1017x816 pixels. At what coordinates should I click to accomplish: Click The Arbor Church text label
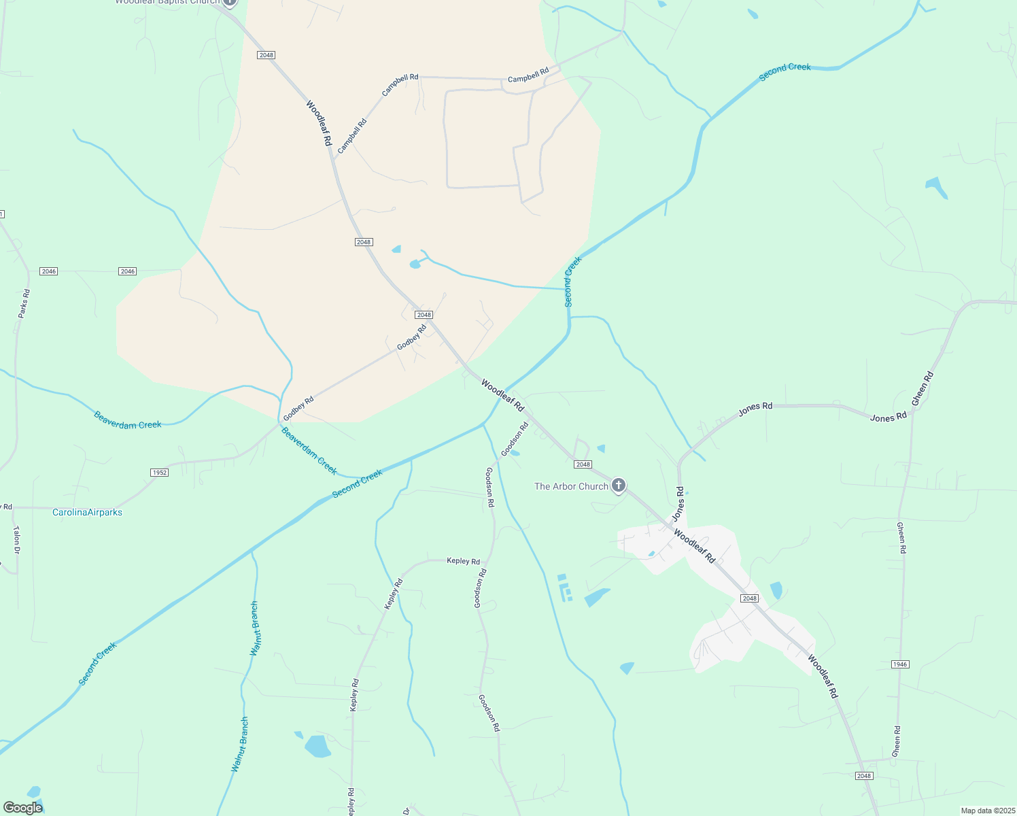click(571, 486)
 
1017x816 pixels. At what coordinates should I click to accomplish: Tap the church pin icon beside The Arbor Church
click(618, 486)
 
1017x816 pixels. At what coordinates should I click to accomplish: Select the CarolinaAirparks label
click(87, 512)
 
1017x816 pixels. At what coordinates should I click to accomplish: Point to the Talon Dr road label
click(16, 539)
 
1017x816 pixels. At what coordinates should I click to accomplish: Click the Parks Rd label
click(24, 303)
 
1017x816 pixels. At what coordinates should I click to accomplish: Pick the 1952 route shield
click(159, 473)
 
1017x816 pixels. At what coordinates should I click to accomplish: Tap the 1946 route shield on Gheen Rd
click(899, 664)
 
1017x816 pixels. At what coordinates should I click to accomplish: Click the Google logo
click(23, 808)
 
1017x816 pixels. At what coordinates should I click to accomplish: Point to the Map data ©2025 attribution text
click(987, 811)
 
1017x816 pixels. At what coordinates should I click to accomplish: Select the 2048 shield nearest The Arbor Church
click(583, 464)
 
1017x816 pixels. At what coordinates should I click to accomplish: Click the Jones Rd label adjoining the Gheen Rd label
click(888, 417)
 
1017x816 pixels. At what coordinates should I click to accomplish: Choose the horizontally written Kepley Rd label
click(463, 561)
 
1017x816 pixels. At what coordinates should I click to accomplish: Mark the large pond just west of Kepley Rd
click(317, 746)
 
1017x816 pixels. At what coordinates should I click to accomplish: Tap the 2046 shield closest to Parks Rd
click(48, 271)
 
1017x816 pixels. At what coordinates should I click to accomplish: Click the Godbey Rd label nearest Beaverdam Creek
click(298, 407)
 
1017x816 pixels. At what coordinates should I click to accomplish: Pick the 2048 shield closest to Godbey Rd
click(424, 315)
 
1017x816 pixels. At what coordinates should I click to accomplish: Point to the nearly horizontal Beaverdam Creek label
click(128, 420)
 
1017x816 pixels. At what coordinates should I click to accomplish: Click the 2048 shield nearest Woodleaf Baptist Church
click(266, 55)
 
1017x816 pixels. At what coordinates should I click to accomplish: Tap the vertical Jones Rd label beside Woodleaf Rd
click(678, 504)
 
